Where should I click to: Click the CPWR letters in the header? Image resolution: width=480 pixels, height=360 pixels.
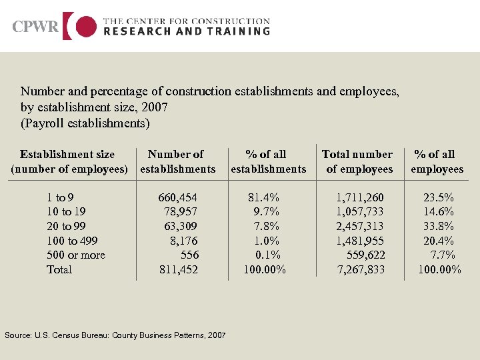coord(35,27)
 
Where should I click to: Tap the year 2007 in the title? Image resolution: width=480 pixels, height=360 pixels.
coord(155,107)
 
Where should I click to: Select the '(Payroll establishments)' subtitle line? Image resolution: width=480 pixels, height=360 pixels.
coord(85,123)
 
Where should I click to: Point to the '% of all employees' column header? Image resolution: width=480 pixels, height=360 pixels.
coord(437,161)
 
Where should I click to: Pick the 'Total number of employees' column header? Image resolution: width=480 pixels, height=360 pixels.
coord(358,161)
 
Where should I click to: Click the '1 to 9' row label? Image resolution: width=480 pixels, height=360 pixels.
coord(60,197)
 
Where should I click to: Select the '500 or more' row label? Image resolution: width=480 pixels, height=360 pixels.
coord(76,255)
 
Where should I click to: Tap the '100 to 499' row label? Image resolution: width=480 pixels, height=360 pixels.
coord(73,241)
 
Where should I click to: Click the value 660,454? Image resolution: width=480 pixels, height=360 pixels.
coord(178,197)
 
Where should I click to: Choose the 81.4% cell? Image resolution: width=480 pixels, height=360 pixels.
coord(264,197)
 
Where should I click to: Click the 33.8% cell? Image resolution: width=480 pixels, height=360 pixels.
coord(439,226)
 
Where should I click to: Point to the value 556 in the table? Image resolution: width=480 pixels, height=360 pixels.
coord(189,255)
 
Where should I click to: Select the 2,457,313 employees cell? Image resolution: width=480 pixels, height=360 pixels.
coord(360,226)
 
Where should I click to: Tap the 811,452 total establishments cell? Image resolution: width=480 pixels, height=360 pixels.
coord(178,269)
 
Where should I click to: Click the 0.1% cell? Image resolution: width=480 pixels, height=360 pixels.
coord(268,255)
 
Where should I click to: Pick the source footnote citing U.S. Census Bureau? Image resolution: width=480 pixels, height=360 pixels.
coord(115,335)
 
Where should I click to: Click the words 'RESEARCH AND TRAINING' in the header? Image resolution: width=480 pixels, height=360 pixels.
coord(187,31)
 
